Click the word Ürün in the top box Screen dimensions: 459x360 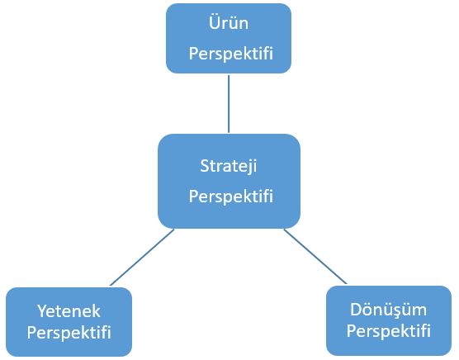tap(229, 22)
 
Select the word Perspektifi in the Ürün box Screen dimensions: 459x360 tap(231, 54)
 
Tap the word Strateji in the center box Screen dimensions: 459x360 tap(229, 167)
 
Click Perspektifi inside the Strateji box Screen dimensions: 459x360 tap(231, 197)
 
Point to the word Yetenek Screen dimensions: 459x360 tap(69, 310)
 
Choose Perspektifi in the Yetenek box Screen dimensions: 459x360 tap(69, 333)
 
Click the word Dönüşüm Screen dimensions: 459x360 tap(389, 309)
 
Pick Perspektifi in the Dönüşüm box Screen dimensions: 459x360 tap(389, 331)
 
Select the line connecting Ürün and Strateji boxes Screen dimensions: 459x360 tap(229, 104)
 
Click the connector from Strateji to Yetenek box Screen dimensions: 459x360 tap(142, 258)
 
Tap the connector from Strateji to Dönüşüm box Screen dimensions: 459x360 tap(315, 257)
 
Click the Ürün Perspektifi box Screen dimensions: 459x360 tap(229, 38)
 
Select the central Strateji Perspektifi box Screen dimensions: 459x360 tap(229, 181)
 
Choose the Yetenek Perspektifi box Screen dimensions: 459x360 tap(69, 322)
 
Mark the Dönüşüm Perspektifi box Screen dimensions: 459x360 tap(389, 320)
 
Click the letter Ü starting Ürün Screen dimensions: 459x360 tap(214, 22)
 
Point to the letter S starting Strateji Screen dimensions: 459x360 tap(205, 166)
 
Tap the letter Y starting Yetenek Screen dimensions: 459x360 tap(43, 310)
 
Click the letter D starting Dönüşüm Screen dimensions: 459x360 tap(356, 310)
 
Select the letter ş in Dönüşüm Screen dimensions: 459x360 tap(400, 312)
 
